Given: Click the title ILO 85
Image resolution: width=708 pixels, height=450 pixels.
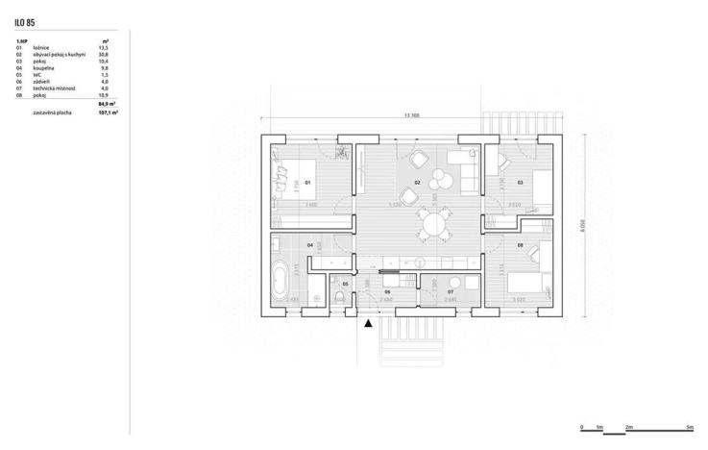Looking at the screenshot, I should pos(26,19).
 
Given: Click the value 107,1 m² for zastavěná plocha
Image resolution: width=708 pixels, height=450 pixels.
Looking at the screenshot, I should pos(108,112).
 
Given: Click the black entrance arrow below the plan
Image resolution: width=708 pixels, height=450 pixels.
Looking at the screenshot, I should pos(368,325).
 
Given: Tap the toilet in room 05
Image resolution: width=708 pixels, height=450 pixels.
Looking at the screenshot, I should pos(339,299).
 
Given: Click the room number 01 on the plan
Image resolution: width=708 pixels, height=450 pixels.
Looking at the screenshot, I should pos(307,182).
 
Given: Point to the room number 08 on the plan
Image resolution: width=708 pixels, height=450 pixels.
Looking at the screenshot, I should pos(520,246).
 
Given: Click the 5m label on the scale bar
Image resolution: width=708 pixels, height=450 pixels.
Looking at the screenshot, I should pos(691,426).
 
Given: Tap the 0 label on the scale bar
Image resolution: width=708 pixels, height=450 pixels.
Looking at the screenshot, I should pos(582,426).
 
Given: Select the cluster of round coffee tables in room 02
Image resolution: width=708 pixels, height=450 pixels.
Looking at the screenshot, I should pos(442,179).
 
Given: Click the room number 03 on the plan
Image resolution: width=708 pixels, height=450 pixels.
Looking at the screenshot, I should pos(520,182).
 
